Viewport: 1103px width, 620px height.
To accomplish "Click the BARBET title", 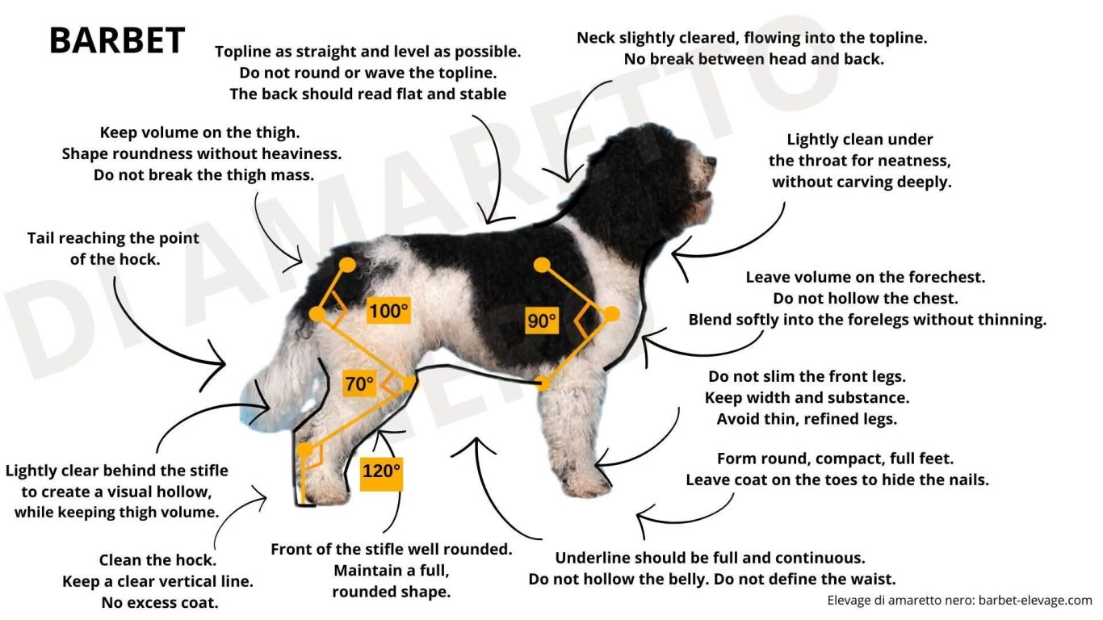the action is pos(117,40).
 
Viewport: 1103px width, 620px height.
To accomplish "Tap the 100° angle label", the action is pos(388,311).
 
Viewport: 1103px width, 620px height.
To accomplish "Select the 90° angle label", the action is pos(542,321).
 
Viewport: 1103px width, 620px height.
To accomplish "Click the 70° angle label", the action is pos(359,383).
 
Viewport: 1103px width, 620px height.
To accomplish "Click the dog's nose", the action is pos(711,161).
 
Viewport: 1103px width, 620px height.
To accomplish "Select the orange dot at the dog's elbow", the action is pos(542,383).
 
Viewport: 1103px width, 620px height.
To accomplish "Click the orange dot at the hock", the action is pos(304,449).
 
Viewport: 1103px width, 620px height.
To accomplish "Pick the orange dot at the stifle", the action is pos(409,382).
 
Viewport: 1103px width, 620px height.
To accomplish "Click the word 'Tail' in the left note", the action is pos(40,238).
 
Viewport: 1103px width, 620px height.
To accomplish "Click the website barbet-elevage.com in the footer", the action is pos(1035,601).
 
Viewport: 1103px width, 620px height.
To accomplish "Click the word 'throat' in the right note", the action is pos(822,161).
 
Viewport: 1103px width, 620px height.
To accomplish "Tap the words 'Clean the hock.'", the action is pos(157,560).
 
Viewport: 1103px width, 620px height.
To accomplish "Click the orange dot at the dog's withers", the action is pos(542,266).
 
